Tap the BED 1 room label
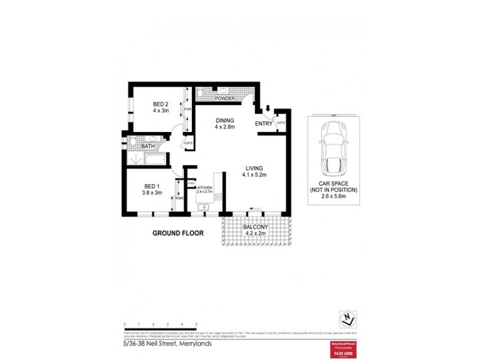click(x=152, y=186)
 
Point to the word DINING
click(x=225, y=120)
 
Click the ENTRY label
click(x=263, y=124)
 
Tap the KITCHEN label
click(x=205, y=188)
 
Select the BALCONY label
click(x=255, y=227)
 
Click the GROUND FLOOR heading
click(x=178, y=233)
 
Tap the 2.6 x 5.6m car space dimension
click(x=334, y=196)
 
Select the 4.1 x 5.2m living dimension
click(x=254, y=175)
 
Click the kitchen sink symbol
click(x=204, y=207)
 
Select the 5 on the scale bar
click(x=196, y=324)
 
